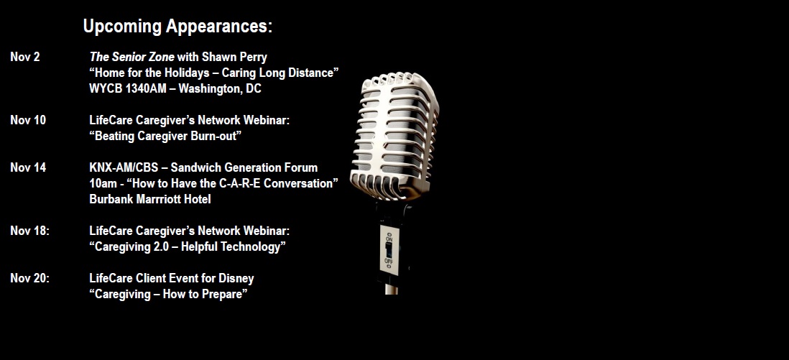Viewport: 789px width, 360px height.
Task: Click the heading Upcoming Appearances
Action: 177,26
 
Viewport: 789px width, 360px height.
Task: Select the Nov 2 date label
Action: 25,57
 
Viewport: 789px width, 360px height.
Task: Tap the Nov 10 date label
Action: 28,120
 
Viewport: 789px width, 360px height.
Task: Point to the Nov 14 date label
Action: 28,167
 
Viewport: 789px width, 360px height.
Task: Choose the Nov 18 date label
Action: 30,231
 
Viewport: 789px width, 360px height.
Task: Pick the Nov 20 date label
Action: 30,278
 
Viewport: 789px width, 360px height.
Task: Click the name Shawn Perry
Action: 234,57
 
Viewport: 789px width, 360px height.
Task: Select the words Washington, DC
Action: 220,89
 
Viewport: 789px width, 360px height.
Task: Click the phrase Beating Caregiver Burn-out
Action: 165,136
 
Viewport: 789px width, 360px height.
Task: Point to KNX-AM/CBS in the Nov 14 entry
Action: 124,167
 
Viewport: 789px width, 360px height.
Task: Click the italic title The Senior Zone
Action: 131,57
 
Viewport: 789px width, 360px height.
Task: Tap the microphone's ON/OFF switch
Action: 389,249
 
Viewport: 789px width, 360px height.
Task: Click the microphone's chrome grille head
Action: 394,136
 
